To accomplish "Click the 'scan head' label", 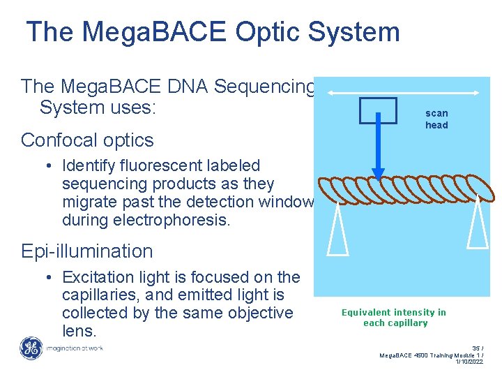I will (436, 119).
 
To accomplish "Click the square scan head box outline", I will (377, 110).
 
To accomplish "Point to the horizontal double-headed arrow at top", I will (404, 92).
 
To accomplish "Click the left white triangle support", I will (338, 230).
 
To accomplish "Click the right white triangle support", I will (478, 224).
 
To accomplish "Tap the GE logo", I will (31, 348).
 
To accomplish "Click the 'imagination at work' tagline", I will (75, 348).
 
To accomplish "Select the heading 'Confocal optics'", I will (87, 140).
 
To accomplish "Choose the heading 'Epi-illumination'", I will (86, 251).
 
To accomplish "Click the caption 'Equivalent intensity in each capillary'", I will (394, 318).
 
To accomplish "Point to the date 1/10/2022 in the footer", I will (469, 362).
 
